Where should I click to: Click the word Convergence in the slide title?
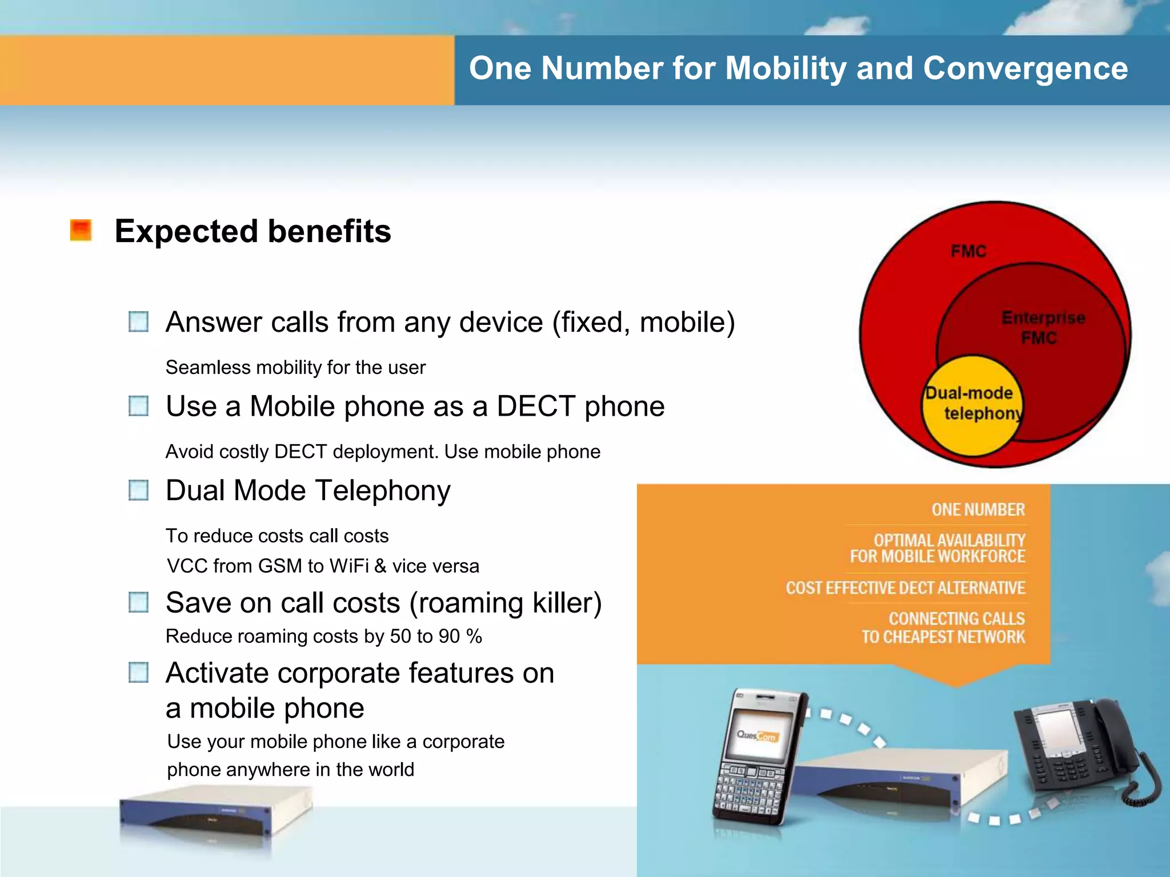click(x=1025, y=69)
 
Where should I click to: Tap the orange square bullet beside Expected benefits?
click(x=81, y=231)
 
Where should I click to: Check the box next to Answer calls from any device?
click(x=139, y=321)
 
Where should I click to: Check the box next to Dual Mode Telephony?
click(x=139, y=490)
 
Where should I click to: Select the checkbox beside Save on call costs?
click(x=139, y=602)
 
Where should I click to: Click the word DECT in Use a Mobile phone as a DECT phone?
click(x=535, y=407)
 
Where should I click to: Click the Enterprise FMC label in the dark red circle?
click(x=1042, y=328)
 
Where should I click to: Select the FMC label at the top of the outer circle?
click(x=968, y=251)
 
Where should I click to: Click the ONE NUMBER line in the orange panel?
click(x=978, y=509)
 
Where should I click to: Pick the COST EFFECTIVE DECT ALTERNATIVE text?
click(x=905, y=588)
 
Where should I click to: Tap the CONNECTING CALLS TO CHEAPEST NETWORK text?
click(x=944, y=628)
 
